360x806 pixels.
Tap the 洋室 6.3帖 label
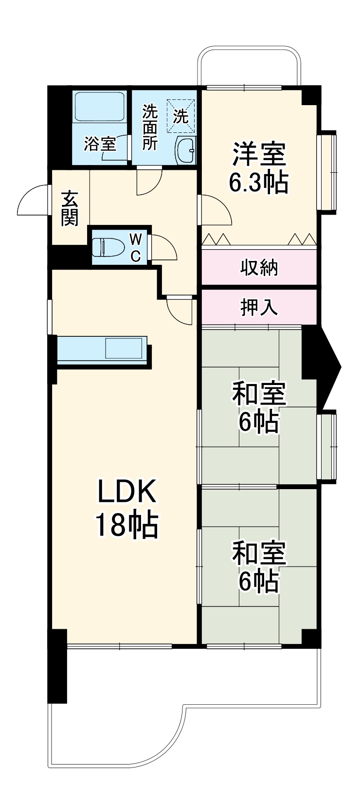[258, 167]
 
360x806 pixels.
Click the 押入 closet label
[259, 307]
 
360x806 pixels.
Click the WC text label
[136, 247]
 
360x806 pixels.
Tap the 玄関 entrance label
[70, 209]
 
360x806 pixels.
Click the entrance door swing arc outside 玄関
[32, 201]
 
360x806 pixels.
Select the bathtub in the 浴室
[99, 107]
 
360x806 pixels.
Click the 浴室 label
[100, 144]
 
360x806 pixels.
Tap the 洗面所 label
[150, 128]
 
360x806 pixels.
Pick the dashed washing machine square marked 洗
[181, 116]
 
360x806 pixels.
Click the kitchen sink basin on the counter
[125, 349]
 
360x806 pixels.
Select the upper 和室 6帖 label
[258, 408]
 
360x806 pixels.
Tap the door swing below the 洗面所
[148, 182]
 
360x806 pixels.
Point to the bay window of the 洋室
[327, 170]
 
